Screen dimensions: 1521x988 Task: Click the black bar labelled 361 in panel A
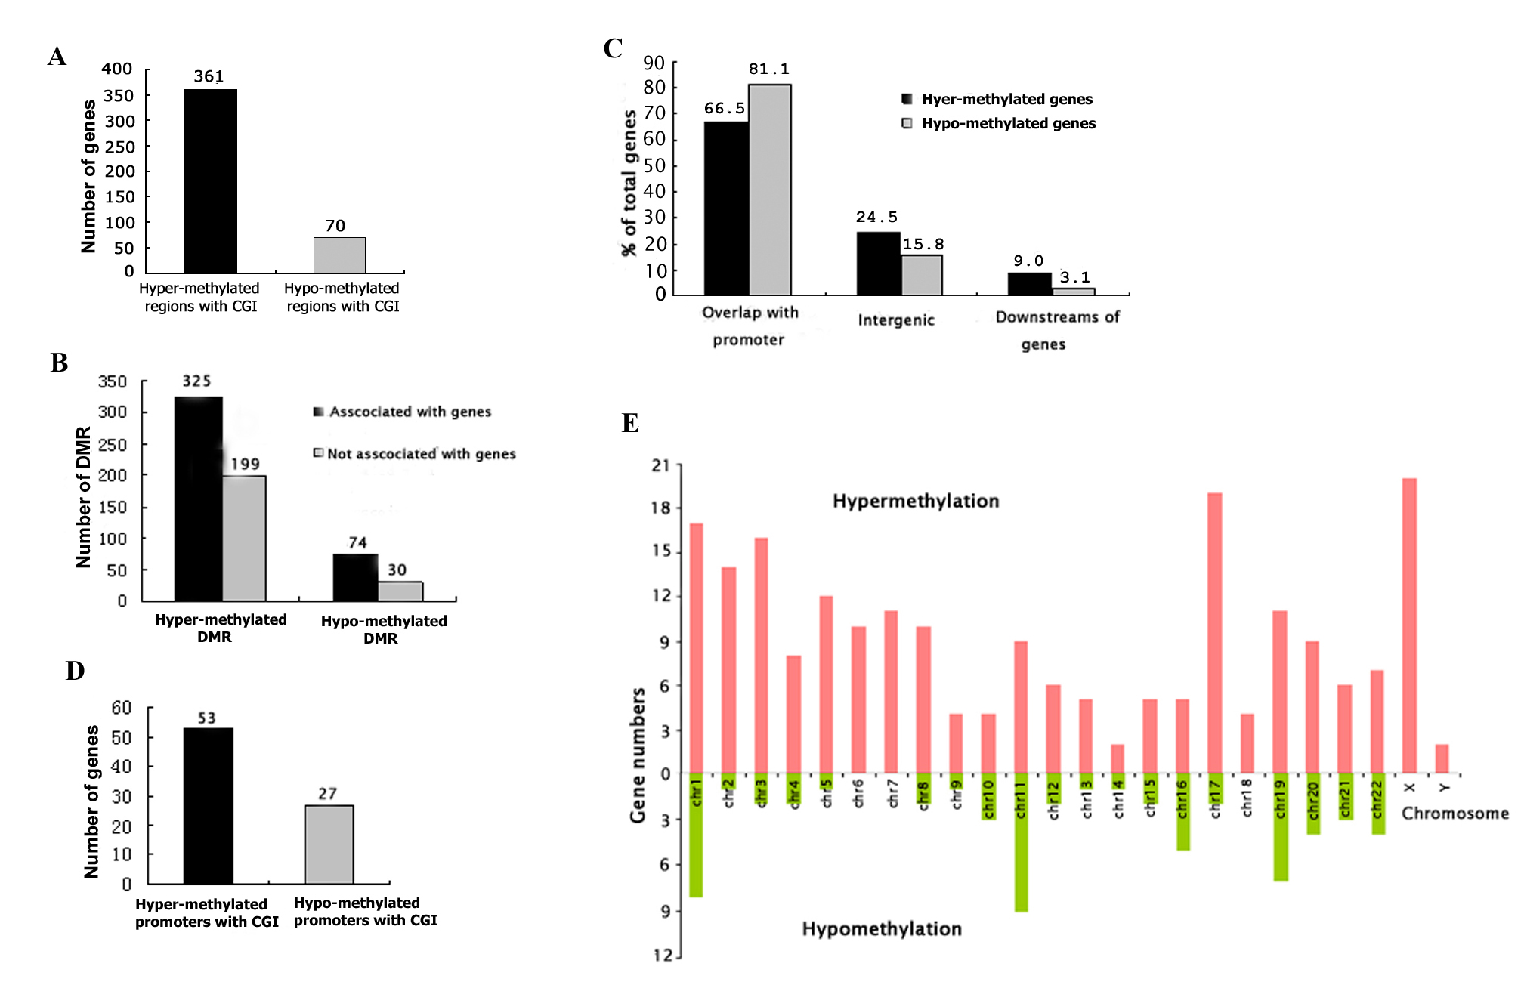211,181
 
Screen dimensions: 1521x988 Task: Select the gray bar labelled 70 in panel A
340,255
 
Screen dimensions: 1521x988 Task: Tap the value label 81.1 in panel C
769,69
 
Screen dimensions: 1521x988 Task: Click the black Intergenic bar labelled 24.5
878,264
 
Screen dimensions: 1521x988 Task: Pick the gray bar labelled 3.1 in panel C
1074,292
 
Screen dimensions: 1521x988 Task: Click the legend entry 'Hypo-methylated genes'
999,123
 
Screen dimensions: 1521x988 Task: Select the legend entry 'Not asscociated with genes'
415,453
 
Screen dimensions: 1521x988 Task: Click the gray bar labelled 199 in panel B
244,539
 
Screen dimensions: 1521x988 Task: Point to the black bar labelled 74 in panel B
355,578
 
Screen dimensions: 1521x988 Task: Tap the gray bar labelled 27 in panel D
329,844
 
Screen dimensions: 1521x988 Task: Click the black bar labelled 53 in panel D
209,806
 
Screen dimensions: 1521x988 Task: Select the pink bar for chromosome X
1409,625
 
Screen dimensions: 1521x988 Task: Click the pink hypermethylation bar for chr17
1215,633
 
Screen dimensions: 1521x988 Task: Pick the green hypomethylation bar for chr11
1021,842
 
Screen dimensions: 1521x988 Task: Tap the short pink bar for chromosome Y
1442,759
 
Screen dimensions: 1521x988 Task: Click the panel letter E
630,422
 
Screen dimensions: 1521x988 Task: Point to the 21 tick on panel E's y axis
661,465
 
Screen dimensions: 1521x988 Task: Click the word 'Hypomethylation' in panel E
882,928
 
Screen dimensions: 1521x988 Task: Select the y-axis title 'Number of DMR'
83,497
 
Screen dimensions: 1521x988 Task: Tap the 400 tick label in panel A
117,69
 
